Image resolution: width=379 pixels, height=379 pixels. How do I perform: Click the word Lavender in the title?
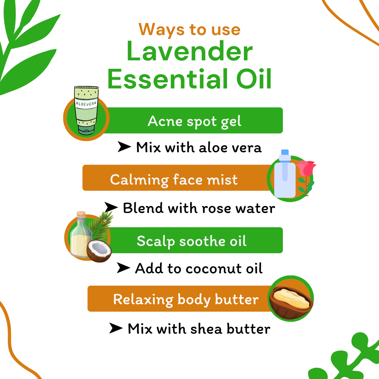click(x=189, y=52)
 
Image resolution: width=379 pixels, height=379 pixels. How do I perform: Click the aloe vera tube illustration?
click(x=86, y=111)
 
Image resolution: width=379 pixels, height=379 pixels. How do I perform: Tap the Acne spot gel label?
click(x=195, y=121)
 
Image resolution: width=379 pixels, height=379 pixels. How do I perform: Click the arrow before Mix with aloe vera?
click(x=124, y=147)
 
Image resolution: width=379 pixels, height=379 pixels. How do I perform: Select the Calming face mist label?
click(x=174, y=180)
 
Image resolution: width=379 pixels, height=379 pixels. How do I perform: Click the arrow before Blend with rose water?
click(x=111, y=208)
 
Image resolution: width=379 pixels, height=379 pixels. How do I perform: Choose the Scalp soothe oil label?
click(x=192, y=241)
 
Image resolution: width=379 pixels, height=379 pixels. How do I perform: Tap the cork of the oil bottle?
click(x=81, y=214)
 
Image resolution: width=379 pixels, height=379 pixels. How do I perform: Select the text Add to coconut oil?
click(x=199, y=268)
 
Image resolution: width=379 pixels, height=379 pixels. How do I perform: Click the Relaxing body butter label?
click(x=186, y=299)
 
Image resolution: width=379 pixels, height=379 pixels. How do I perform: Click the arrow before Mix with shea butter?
click(x=116, y=328)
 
